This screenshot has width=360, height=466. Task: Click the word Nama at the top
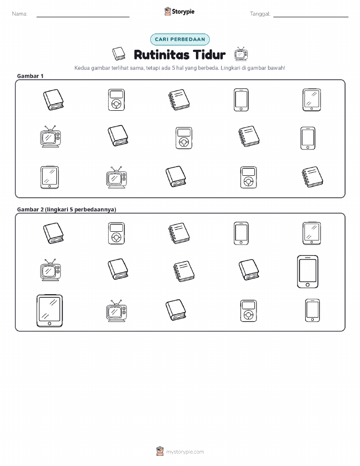pyautogui.click(x=20, y=14)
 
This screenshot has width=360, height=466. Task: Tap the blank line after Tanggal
pyautogui.click(x=311, y=17)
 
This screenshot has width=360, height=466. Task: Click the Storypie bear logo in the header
pyautogui.click(x=168, y=12)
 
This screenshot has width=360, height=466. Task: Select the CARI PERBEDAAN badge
pyautogui.click(x=180, y=39)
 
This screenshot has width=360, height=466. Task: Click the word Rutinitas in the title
pyautogui.click(x=161, y=55)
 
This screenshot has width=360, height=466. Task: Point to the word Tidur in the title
pyautogui.click(x=209, y=55)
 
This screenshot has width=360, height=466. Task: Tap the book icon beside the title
pyautogui.click(x=119, y=54)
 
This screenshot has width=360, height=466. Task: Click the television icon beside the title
pyautogui.click(x=241, y=54)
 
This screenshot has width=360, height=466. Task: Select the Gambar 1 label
pyautogui.click(x=30, y=76)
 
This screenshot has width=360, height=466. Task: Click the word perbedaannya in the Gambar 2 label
pyautogui.click(x=95, y=209)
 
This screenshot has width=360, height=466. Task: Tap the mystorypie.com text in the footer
pyautogui.click(x=185, y=452)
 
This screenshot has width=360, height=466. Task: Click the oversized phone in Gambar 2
pyautogui.click(x=308, y=272)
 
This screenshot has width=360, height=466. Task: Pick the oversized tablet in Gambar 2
pyautogui.click(x=50, y=311)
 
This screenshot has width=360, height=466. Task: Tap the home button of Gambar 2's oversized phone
pyautogui.click(x=308, y=285)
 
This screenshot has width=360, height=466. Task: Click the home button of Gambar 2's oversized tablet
pyautogui.click(x=49, y=324)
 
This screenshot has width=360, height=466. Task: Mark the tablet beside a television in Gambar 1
pyautogui.click(x=50, y=177)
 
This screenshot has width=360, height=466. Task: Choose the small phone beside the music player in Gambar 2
pyautogui.click(x=312, y=310)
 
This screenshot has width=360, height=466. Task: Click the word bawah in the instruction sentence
pyautogui.click(x=277, y=68)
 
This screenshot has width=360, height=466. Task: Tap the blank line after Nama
pyautogui.click(x=83, y=17)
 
